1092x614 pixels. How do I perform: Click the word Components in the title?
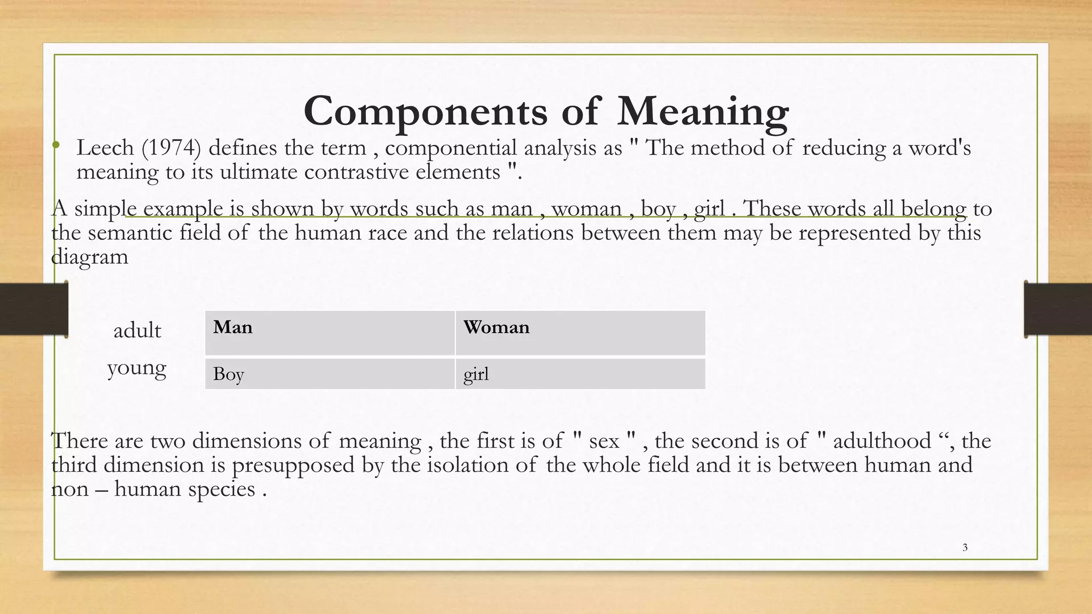pos(425,111)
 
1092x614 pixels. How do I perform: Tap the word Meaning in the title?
pos(703,111)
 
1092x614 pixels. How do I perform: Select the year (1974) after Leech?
pos(171,148)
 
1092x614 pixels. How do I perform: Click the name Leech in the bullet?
pos(105,148)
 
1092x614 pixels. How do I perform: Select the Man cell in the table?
pos(330,333)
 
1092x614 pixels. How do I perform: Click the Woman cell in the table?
pos(580,333)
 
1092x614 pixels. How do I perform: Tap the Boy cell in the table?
pos(330,374)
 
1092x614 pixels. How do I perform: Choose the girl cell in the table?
pos(580,374)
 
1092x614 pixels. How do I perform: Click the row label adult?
pos(137,330)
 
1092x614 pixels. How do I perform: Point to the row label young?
pos(136,368)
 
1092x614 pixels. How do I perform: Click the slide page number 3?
pos(965,547)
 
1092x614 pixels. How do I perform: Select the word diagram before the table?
pos(90,257)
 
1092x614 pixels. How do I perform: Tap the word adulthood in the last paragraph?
pos(882,441)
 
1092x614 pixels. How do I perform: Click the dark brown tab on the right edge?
pos(1058,309)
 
